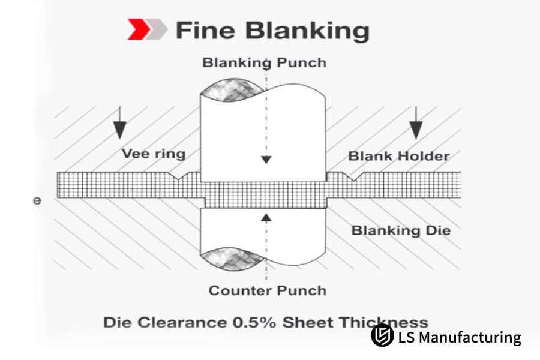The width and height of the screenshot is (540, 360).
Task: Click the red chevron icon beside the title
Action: [x=139, y=29]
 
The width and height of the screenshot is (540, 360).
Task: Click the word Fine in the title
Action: [x=205, y=31]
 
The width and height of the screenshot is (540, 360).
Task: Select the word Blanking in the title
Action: [x=307, y=31]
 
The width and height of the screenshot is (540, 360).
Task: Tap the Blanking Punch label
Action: [x=264, y=63]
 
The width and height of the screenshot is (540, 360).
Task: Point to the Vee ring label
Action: [x=154, y=154]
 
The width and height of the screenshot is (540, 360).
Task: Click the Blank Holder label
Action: [x=398, y=156]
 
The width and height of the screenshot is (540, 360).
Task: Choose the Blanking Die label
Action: [x=401, y=230]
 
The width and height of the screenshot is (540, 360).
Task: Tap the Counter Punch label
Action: [x=268, y=290]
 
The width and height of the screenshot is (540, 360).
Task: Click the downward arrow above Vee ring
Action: [x=119, y=123]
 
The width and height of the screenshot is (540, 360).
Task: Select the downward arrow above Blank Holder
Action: [x=416, y=123]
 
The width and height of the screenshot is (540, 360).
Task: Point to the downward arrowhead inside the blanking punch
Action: [x=266, y=160]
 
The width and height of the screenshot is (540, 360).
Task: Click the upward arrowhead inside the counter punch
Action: [x=266, y=217]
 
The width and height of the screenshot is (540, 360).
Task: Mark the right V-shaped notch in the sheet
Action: [x=354, y=176]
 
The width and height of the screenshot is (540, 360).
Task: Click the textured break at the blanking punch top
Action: [x=232, y=90]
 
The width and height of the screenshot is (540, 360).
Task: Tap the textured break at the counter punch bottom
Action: [x=232, y=259]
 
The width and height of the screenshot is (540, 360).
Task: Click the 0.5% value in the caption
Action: [x=254, y=323]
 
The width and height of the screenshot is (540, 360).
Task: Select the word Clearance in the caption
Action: [x=182, y=323]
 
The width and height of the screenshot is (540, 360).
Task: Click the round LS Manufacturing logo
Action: [x=382, y=335]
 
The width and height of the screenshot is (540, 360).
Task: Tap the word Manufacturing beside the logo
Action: [x=470, y=337]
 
